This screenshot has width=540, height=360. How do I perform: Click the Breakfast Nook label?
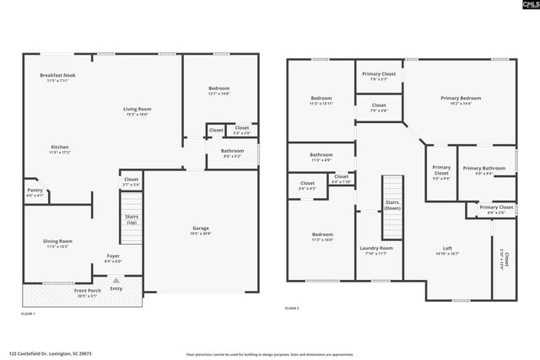click(58, 76)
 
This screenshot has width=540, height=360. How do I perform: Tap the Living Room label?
click(137, 109)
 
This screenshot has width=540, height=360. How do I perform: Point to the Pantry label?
click(35, 191)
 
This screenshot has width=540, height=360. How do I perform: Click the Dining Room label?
click(58, 241)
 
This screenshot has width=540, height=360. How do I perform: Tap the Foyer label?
click(113, 255)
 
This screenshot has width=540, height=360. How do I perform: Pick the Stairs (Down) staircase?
click(393, 207)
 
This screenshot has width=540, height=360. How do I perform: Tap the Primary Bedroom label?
click(461, 98)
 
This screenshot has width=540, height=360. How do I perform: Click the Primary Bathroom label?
click(483, 169)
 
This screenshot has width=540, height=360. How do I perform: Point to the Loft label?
click(448, 248)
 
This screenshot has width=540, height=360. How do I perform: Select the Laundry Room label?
click(376, 248)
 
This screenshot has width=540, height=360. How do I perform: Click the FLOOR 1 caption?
click(28, 314)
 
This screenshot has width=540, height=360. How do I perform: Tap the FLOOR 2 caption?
click(292, 309)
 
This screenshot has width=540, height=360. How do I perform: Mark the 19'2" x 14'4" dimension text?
click(461, 104)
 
